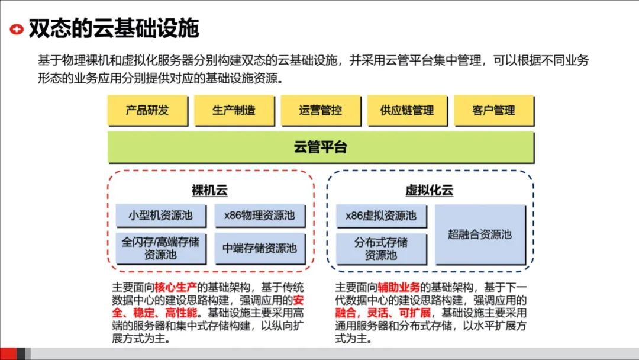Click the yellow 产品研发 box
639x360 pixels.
pos(147,110)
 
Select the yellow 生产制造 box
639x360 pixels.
pos(234,110)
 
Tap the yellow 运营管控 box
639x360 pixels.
pos(320,110)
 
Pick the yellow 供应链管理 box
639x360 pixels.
pos(407,110)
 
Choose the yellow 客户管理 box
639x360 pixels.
pos(493,110)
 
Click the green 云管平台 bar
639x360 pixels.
pos(320,147)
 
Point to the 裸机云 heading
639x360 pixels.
pos(209,191)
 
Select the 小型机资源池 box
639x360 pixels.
pos(160,215)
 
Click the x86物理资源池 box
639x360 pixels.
pos(259,215)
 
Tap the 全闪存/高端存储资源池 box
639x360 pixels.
pos(160,249)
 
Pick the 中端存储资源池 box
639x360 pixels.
pos(259,249)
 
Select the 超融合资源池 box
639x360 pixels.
pos(479,234)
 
